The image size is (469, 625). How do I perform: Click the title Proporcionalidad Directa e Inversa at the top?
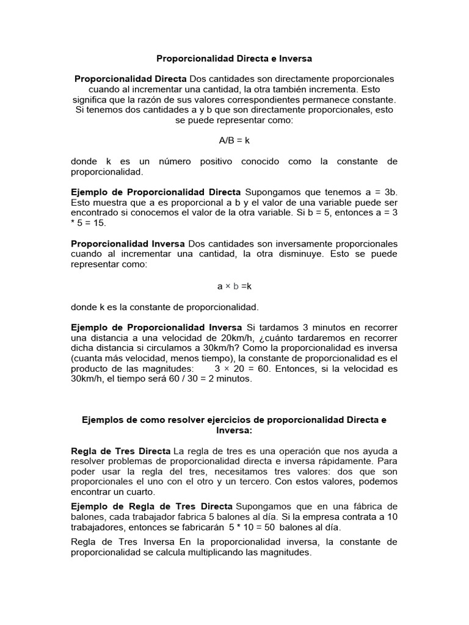tap(234, 59)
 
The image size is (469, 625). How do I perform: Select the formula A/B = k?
tap(234, 140)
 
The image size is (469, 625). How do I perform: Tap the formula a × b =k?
tap(234, 286)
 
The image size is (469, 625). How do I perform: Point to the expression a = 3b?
tap(379, 192)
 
